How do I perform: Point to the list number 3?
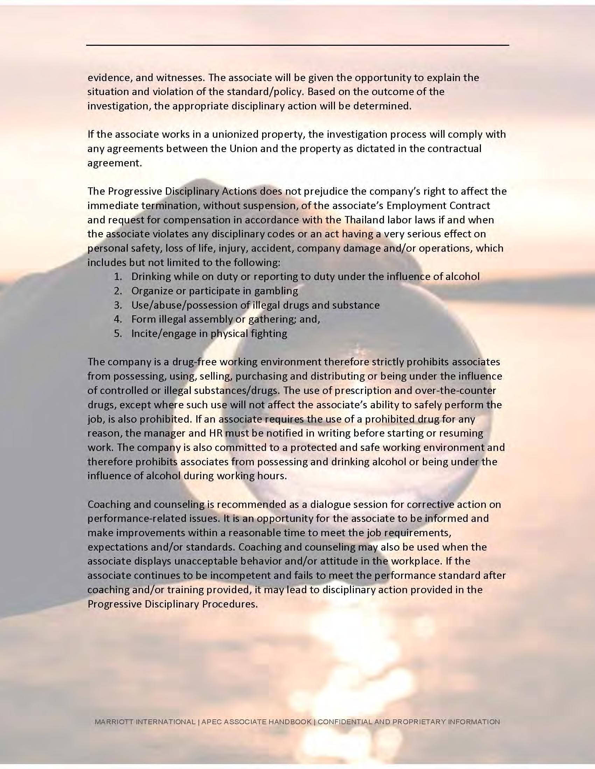[118, 305]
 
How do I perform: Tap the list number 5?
[118, 333]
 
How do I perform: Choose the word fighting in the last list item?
[268, 333]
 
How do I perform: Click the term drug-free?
[170, 362]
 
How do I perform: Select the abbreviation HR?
[216, 433]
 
